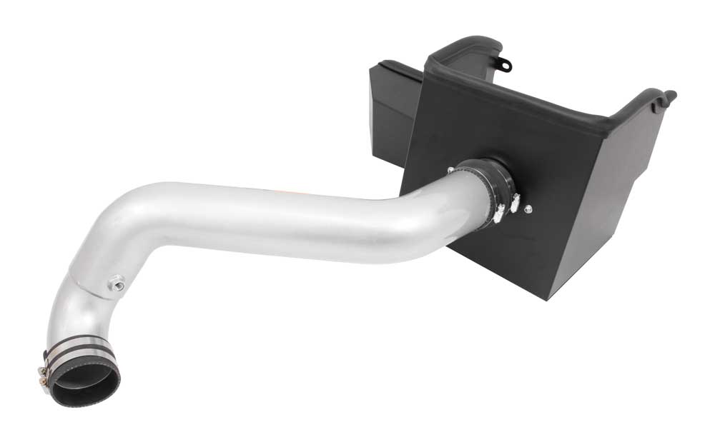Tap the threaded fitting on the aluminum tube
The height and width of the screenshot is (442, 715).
click(114, 286)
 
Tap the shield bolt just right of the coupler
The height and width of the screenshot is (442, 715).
click(528, 209)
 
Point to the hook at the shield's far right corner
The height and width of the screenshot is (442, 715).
click(669, 94)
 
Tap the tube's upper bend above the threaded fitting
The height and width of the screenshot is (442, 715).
click(125, 228)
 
